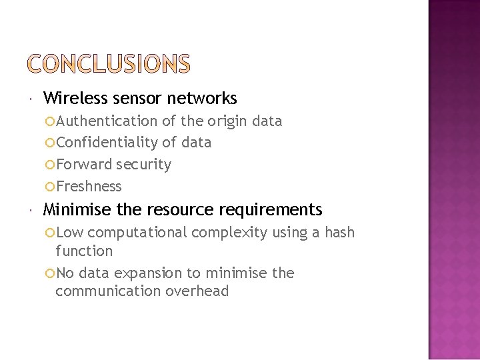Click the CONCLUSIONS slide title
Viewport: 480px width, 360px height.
109,64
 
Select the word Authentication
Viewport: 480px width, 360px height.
106,121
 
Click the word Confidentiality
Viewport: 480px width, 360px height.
107,143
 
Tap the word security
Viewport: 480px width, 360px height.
143,165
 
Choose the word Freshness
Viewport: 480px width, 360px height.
89,187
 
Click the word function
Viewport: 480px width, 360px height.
84,251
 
